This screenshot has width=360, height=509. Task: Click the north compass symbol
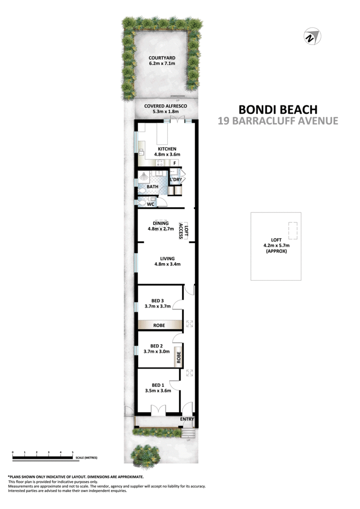[313, 37]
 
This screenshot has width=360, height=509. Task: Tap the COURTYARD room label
[162, 58]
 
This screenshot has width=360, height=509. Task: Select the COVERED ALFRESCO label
[166, 106]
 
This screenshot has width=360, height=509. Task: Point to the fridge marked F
[175, 163]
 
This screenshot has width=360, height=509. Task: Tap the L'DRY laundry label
[176, 179]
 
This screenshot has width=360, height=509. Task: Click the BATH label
[152, 187]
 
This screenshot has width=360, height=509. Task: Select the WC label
[151, 204]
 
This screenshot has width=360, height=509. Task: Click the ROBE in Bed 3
[159, 325]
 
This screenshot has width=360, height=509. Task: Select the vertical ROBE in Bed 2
[179, 358]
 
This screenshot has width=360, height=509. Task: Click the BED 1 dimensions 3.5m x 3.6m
[158, 391]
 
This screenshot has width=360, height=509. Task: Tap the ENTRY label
[187, 419]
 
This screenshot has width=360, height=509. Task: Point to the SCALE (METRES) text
[86, 457]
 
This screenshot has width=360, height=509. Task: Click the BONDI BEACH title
[278, 109]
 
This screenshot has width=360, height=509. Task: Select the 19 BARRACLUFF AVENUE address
[278, 121]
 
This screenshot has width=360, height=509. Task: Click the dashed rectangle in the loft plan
[292, 230]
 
